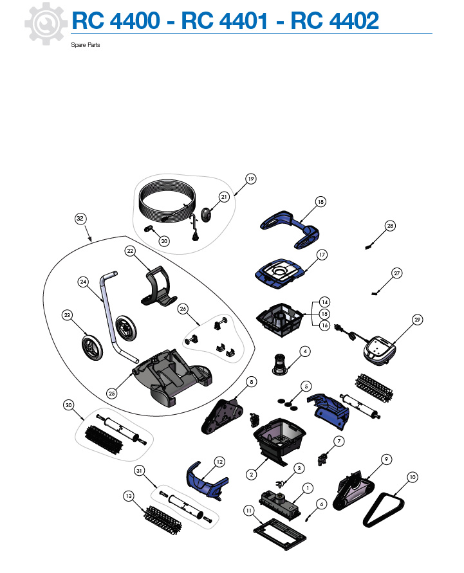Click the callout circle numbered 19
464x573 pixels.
(x=250, y=179)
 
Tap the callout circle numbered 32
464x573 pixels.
(x=80, y=219)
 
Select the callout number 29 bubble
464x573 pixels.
(x=417, y=320)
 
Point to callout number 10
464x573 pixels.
(x=413, y=477)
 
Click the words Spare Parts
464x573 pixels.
(x=85, y=45)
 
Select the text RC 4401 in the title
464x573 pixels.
(x=225, y=21)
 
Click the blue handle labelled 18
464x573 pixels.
(x=290, y=228)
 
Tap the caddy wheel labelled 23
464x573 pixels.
(x=92, y=347)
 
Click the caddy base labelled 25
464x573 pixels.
(x=172, y=377)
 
